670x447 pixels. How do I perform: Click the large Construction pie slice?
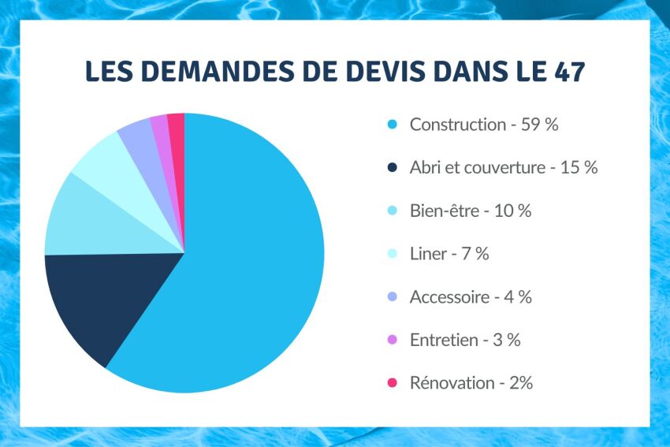click(252, 268)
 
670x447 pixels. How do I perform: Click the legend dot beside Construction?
click(392, 125)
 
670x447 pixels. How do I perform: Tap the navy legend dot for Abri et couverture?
click(392, 168)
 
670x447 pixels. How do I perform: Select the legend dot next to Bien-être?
click(392, 211)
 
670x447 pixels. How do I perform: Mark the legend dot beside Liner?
click(392, 254)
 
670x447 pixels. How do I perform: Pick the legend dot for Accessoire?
click(392, 297)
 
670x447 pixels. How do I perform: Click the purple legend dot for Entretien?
click(392, 341)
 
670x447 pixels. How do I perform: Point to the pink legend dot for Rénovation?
click(392, 383)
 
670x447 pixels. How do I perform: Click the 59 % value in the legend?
click(540, 125)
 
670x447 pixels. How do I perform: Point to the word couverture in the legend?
click(504, 168)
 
